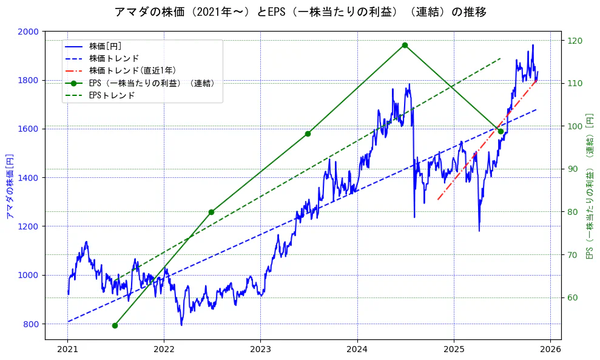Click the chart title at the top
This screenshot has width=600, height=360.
300,12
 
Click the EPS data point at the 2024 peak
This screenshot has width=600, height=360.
405,45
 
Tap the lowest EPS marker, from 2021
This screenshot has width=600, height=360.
115,325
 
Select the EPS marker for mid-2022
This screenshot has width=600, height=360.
211,212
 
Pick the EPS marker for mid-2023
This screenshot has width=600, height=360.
308,134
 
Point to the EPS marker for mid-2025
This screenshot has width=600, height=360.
501,131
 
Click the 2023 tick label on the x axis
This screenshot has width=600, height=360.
260,349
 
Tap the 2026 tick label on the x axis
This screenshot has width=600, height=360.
550,349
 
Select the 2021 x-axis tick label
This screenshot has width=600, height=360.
67,349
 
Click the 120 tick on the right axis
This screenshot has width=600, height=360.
573,41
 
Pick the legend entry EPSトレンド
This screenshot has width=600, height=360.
112,95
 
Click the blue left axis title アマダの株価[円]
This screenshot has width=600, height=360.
9,186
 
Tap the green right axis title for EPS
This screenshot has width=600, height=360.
589,186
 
